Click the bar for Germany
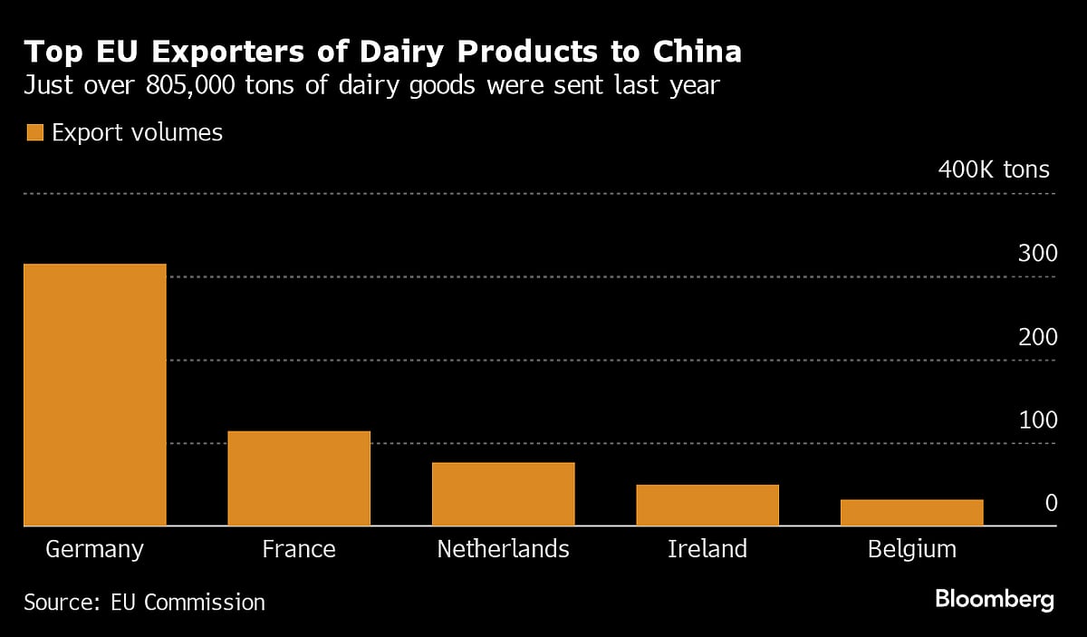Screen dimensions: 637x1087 95,395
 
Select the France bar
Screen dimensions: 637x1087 299,478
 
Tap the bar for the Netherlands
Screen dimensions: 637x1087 503,494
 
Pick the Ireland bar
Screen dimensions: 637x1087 707,506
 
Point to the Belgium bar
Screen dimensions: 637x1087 911,513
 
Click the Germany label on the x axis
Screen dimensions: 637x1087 94,549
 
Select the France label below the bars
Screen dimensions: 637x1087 299,549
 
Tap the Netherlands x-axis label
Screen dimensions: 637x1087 503,549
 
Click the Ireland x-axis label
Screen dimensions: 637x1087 707,549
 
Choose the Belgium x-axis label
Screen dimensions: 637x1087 911,549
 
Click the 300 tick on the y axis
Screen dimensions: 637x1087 1037,254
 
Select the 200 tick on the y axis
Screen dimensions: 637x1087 1037,337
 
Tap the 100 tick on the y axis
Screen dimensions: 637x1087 1037,420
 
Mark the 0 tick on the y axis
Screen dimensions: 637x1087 1051,504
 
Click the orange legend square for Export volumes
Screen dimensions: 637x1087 35,133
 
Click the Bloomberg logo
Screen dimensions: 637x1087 994,599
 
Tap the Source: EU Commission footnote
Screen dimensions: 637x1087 145,603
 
